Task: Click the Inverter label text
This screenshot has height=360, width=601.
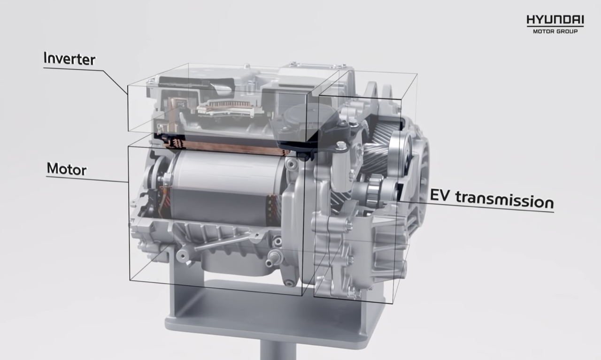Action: click(x=69, y=59)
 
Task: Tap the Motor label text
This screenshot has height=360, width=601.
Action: click(x=67, y=169)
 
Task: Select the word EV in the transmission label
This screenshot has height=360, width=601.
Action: click(x=440, y=195)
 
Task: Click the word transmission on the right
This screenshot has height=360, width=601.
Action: click(x=505, y=200)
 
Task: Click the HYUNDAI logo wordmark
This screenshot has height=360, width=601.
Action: click(x=555, y=20)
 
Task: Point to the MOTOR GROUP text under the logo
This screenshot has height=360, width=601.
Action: click(x=555, y=31)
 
